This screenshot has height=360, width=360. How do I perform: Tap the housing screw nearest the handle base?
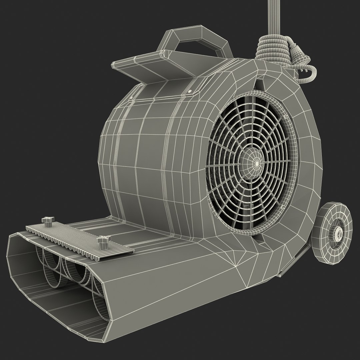[189, 90]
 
